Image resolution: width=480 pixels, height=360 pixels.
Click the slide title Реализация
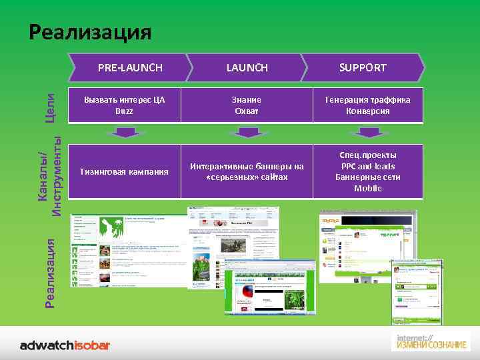[90, 32]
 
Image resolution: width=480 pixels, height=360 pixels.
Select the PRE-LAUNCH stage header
[130, 67]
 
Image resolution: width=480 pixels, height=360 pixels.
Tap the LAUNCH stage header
[247, 67]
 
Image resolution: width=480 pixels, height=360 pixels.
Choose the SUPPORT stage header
[363, 67]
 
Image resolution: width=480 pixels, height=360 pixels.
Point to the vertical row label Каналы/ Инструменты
[50, 175]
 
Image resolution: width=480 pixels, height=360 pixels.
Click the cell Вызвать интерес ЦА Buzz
[124, 105]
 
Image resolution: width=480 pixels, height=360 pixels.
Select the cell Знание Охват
[247, 105]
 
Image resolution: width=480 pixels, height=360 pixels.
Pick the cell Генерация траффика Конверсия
[367, 105]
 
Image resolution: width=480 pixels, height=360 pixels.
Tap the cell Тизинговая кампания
[124, 172]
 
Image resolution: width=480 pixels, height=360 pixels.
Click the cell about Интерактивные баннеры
[247, 172]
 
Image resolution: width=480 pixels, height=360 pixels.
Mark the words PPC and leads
[367, 166]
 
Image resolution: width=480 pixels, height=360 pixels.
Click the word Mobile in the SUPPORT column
[367, 189]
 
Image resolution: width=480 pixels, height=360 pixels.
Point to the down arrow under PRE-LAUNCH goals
[124, 132]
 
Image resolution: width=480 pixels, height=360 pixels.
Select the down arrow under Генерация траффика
[367, 132]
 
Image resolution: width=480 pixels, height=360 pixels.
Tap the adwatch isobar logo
[65, 345]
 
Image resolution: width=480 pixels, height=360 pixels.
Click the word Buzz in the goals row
[124, 111]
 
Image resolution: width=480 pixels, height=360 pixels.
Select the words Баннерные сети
[367, 177]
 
